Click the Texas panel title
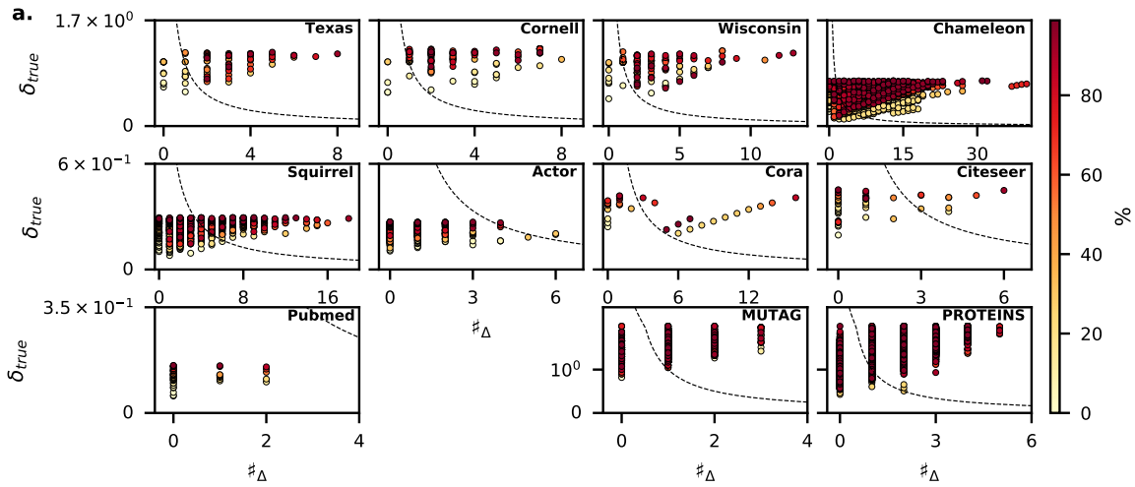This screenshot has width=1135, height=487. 329,29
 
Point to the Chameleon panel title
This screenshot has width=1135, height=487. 978,29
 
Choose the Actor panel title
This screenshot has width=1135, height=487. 561,172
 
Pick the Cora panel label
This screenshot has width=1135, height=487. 787,172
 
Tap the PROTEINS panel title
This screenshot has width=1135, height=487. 983,316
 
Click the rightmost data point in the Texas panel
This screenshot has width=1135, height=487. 337,54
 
